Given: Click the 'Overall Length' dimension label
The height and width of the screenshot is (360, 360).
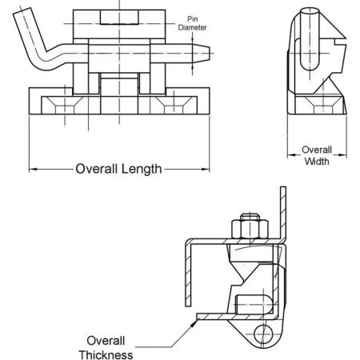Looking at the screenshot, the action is point(118,169).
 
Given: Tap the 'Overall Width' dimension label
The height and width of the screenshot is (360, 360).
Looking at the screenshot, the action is point(317,155).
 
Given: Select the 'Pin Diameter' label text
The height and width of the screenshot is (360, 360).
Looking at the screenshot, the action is point(192,23).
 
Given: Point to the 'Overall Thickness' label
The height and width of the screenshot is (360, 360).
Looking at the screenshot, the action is point(106,348).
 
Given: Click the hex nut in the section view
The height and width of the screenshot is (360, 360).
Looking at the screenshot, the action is point(250,229).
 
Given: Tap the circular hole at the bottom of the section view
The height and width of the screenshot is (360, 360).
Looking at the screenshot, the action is point(263,334).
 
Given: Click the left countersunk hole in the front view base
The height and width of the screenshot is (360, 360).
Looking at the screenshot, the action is point(65,105).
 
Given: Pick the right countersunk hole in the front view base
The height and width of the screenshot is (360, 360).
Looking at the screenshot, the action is point(174,105).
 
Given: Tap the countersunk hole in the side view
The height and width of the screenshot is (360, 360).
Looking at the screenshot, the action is point(323,105).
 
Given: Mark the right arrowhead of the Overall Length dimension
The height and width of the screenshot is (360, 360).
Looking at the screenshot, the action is point(206,169).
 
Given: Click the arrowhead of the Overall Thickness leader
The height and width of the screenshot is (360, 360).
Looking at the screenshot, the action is point(194,322).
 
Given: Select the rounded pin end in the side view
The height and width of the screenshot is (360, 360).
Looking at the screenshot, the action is point(310,39).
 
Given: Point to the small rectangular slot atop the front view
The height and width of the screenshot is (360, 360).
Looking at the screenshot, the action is point(119,17).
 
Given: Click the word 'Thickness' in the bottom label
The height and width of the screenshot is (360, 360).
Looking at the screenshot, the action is point(106,355).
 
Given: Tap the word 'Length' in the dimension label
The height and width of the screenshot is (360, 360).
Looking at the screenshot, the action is point(142,170).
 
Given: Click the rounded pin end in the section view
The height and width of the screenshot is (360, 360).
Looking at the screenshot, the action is point(254,304).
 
